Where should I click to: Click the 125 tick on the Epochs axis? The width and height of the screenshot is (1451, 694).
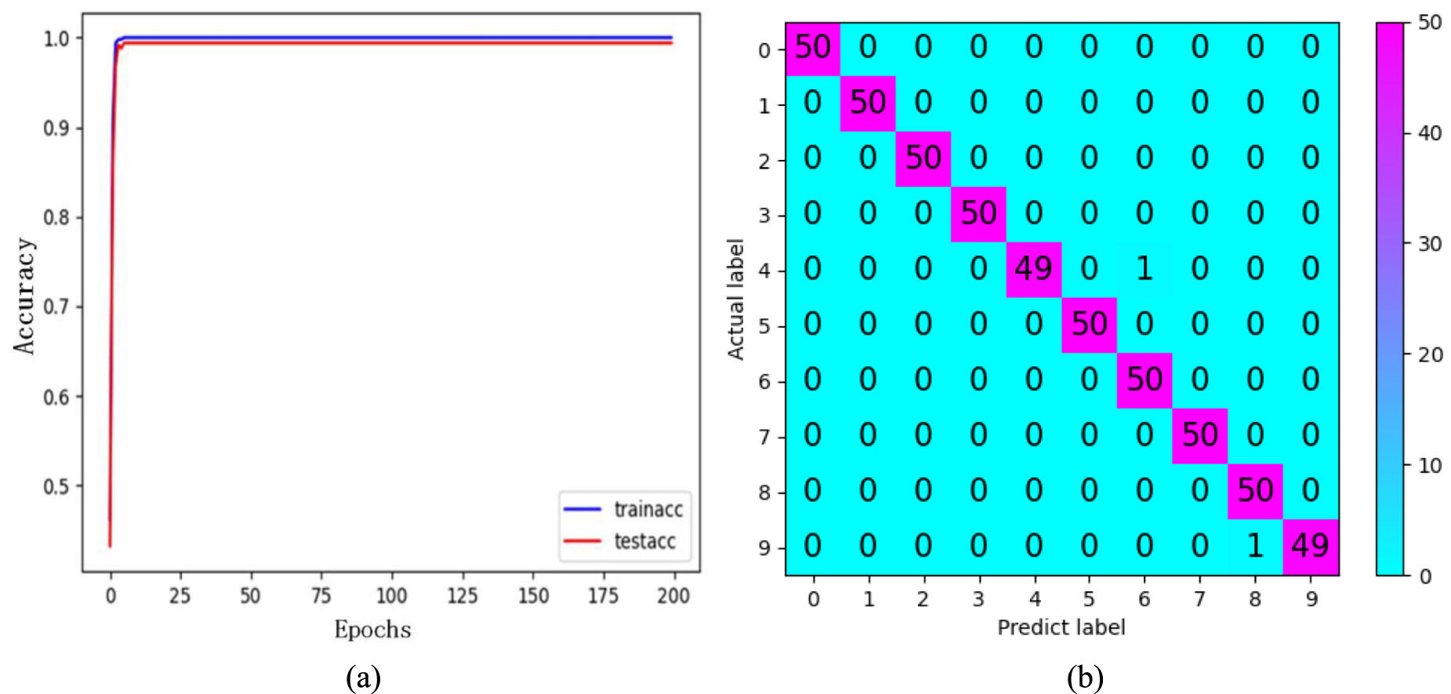coord(462,596)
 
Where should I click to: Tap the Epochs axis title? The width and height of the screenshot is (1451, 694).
coord(372,630)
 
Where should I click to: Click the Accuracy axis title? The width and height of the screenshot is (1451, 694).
coord(25,296)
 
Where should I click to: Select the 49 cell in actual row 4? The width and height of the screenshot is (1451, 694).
coord(1033,269)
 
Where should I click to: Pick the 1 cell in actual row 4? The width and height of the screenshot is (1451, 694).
coord(1144,269)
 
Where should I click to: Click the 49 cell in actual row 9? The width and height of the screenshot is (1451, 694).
coord(1310,546)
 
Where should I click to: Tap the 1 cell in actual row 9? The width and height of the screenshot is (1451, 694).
coord(1255,546)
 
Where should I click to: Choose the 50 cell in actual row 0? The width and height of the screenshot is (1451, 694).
coord(812,48)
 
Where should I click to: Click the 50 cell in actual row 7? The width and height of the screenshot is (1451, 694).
coord(1199,435)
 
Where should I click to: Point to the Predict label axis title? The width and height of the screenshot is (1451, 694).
coord(1061,627)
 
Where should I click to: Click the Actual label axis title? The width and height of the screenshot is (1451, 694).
coord(735,299)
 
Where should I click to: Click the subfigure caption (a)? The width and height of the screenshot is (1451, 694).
coord(363,677)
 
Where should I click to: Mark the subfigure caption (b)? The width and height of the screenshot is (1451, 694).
coord(1084,677)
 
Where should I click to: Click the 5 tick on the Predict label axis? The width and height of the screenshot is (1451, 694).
coord(1089,600)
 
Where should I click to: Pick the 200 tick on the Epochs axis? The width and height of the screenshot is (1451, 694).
coord(673,596)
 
